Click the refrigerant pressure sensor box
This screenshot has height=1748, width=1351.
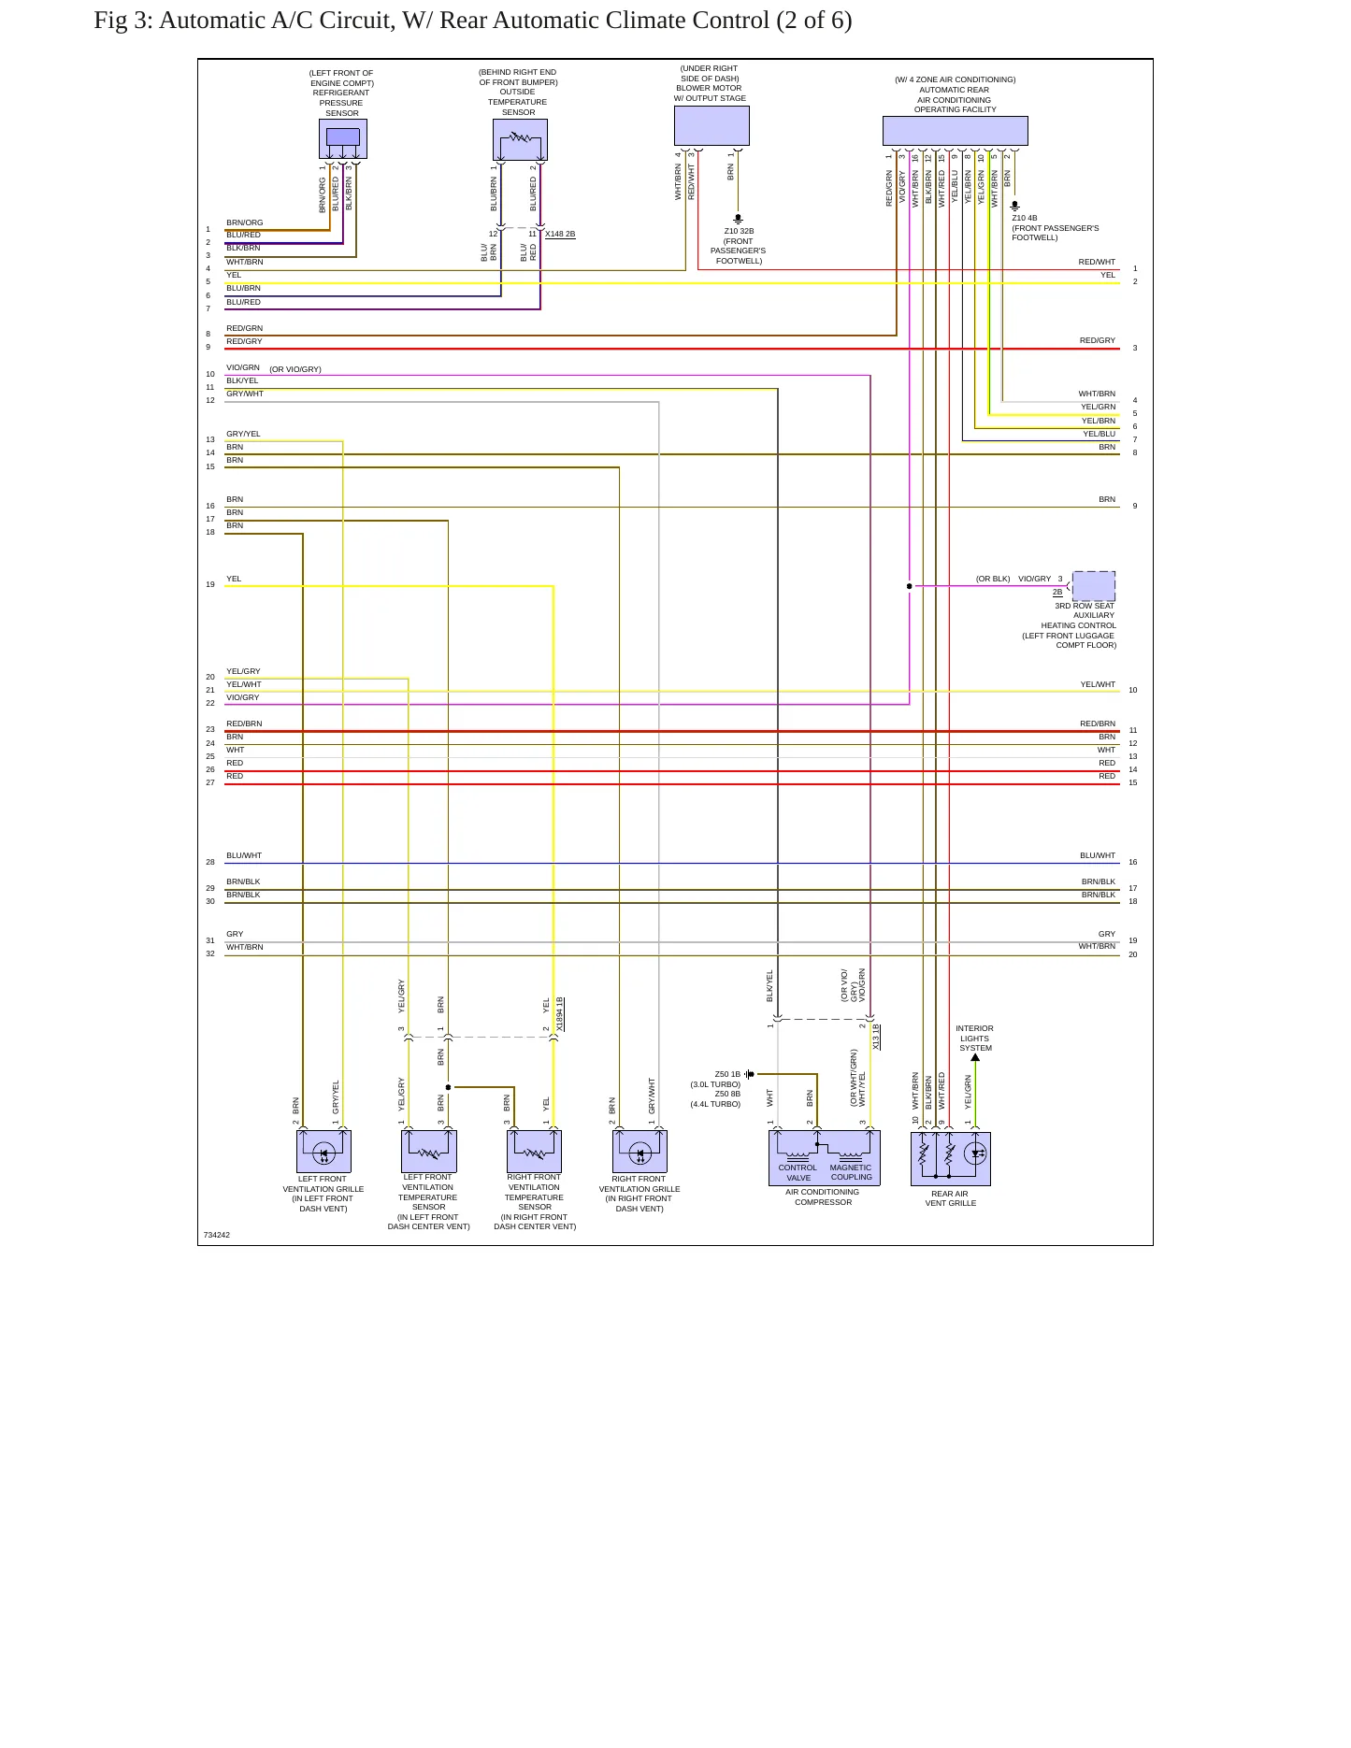(342, 138)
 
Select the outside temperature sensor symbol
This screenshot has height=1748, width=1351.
(520, 139)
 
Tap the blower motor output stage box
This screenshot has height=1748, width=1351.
(711, 126)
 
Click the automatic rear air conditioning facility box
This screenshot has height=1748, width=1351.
(955, 131)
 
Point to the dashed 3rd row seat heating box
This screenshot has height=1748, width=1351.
(1093, 586)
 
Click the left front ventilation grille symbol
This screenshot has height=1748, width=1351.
(323, 1151)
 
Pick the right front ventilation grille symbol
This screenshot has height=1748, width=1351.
(640, 1151)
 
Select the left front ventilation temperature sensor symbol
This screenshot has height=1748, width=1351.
(429, 1151)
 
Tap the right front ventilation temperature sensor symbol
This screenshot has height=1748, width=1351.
(534, 1151)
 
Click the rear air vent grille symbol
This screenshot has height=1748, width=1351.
(950, 1158)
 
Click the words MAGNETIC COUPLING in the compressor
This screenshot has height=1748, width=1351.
(851, 1172)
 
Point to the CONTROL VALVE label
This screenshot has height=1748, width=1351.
(798, 1173)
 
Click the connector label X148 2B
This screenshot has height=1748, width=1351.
(560, 234)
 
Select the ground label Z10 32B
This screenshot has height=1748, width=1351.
(739, 231)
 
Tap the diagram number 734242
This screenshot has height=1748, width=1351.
(217, 1235)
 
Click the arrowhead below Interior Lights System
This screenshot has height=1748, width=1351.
(975, 1057)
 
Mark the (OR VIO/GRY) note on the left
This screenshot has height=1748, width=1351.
(295, 369)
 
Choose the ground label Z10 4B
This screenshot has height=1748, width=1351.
(1024, 218)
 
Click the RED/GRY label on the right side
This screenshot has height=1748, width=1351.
(1098, 340)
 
